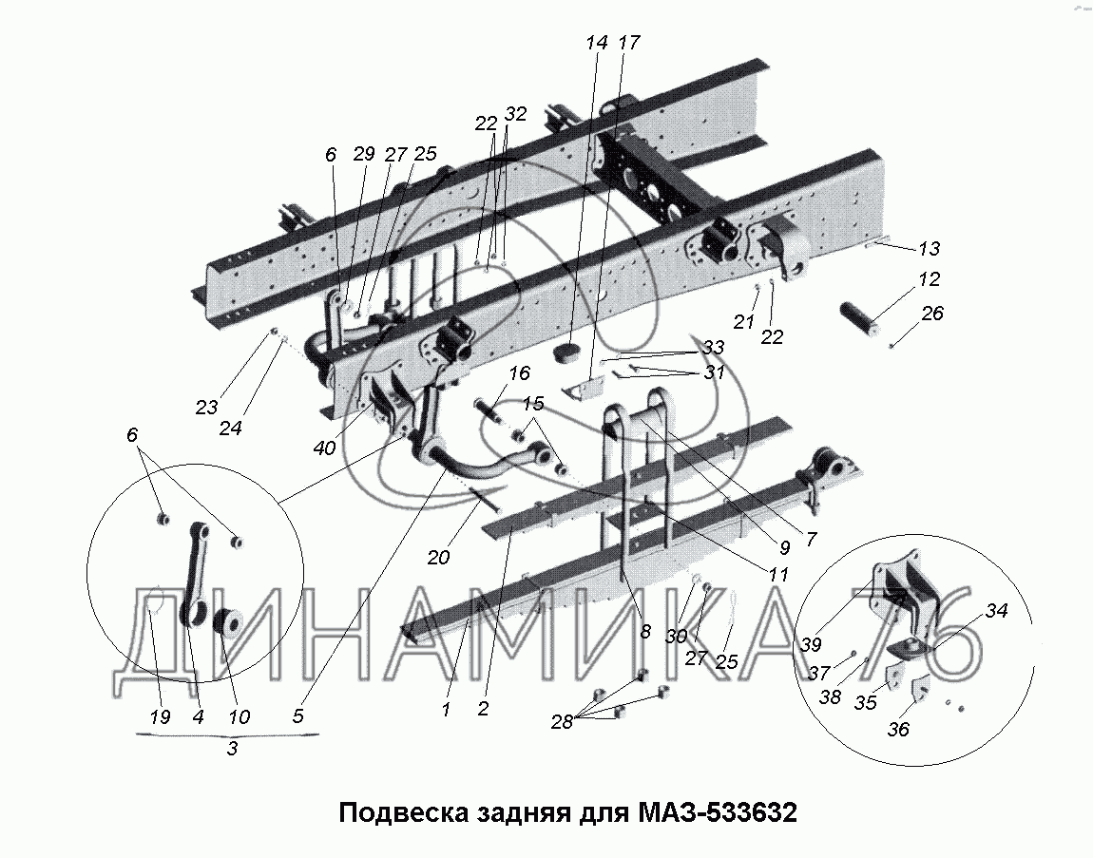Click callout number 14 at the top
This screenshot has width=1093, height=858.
(596, 43)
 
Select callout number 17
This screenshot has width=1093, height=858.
(628, 43)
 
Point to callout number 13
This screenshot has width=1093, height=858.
(929, 249)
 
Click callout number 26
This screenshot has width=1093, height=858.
(932, 313)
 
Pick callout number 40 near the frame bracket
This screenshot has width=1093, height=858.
(324, 448)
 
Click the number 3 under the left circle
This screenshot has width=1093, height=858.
(232, 750)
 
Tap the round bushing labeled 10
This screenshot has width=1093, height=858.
(228, 624)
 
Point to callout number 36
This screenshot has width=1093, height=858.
(897, 730)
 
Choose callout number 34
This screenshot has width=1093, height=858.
(995, 611)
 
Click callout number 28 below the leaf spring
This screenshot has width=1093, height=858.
(562, 722)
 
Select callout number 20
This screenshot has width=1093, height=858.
(437, 558)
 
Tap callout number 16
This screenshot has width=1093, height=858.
(519, 372)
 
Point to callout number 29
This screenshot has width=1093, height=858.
(365, 154)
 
